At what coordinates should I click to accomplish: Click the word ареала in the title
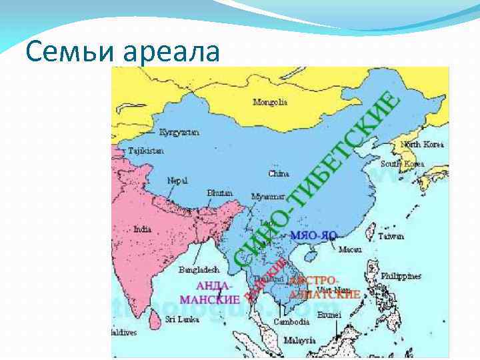click(176, 51)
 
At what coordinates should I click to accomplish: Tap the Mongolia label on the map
click(270, 102)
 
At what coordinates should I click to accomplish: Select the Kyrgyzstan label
click(179, 133)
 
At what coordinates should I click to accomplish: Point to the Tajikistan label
click(145, 151)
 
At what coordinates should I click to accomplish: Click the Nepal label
click(177, 180)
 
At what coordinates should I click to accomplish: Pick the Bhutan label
click(220, 192)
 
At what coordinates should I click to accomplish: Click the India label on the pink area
click(142, 229)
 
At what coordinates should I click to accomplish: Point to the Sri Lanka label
click(181, 319)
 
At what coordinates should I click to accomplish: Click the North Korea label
click(422, 144)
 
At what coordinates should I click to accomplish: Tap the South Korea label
click(402, 163)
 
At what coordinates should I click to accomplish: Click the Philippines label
click(401, 275)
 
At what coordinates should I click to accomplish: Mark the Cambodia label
click(292, 321)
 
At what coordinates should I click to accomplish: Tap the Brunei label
click(329, 314)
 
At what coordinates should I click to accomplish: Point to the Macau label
click(350, 250)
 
